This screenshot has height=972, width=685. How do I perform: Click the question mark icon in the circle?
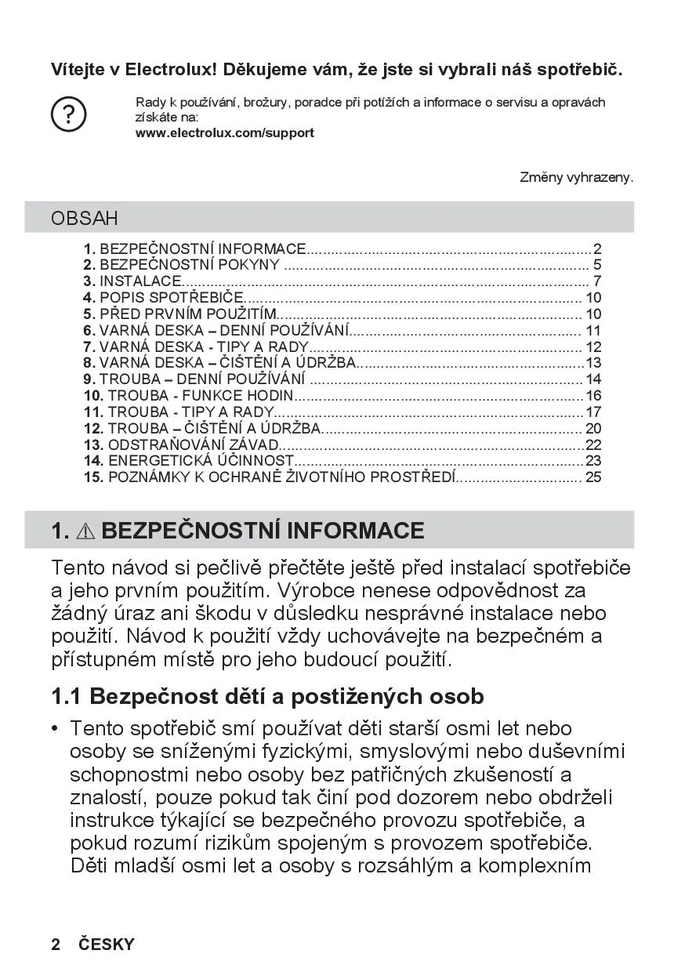click(x=69, y=115)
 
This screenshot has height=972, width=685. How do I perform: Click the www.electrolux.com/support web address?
click(x=225, y=133)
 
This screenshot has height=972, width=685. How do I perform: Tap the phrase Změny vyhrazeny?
click(x=576, y=178)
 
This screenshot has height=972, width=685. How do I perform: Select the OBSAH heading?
click(x=85, y=218)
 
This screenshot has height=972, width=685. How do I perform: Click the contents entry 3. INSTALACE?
click(x=133, y=281)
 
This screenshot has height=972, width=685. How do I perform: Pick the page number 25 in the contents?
click(x=593, y=477)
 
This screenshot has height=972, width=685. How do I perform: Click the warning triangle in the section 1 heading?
click(x=85, y=531)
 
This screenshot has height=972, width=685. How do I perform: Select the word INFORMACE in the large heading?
click(x=355, y=531)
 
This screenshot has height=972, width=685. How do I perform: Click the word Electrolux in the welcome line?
click(x=170, y=70)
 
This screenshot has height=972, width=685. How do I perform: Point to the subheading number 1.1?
click(x=67, y=696)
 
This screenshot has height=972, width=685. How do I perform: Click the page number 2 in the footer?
click(x=56, y=945)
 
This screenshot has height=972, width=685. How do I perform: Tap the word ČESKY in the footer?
click(x=107, y=945)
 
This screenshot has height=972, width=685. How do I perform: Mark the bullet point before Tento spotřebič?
click(x=55, y=729)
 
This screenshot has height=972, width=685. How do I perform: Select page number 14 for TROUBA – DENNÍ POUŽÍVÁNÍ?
click(x=593, y=379)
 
